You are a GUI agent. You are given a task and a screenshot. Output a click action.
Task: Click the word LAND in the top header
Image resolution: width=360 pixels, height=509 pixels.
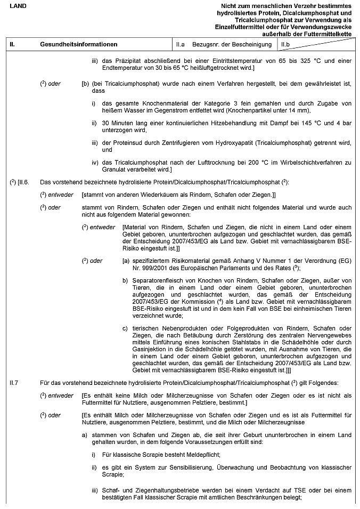[17, 5]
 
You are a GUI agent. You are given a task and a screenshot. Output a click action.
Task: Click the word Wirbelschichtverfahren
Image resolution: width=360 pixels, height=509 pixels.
[300, 163]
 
